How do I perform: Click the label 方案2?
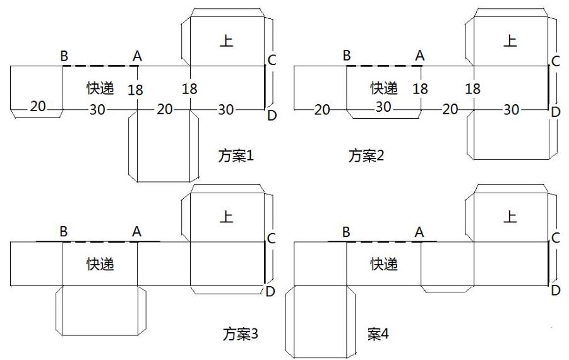click(366, 155)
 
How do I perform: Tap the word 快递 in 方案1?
click(100, 89)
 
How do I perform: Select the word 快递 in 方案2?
click(384, 88)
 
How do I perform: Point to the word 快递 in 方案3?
click(100, 264)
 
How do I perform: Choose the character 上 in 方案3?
click(226, 217)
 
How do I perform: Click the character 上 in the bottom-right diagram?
click(510, 217)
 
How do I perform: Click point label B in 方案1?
click(64, 56)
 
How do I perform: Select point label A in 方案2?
click(420, 56)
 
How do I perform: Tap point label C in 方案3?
click(271, 239)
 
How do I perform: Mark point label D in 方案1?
click(272, 115)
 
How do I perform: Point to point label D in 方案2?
click(556, 112)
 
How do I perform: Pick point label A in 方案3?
click(136, 232)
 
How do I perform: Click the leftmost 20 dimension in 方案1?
click(38, 106)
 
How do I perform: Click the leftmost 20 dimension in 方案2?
click(322, 110)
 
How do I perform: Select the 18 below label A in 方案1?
click(135, 90)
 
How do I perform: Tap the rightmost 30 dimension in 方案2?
click(512, 110)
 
